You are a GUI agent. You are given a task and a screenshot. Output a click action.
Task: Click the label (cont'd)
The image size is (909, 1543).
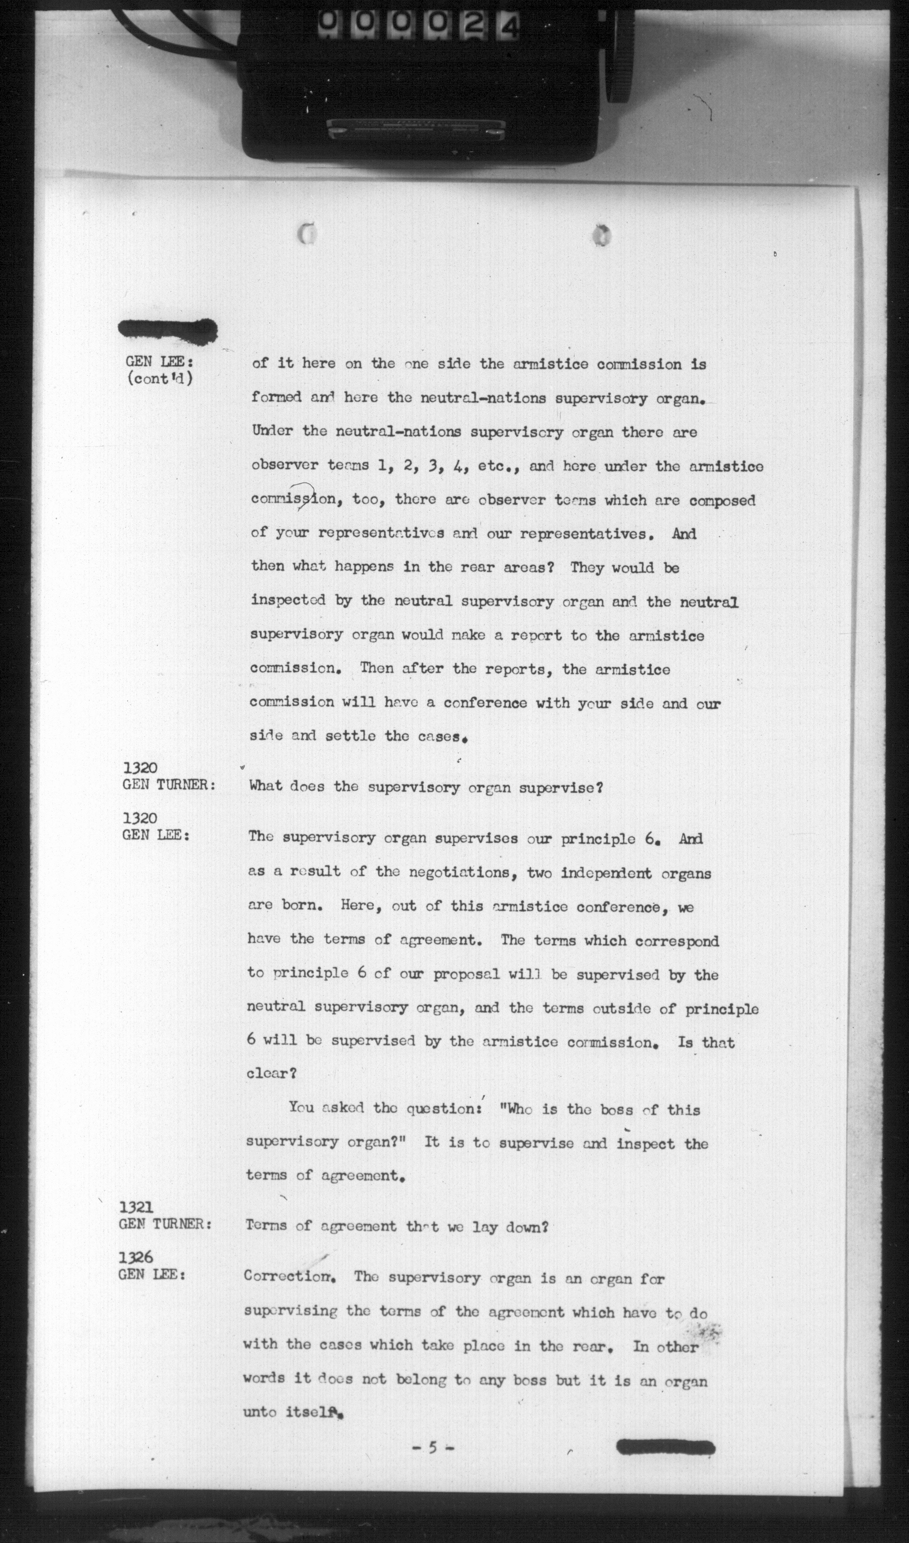(x=159, y=379)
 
